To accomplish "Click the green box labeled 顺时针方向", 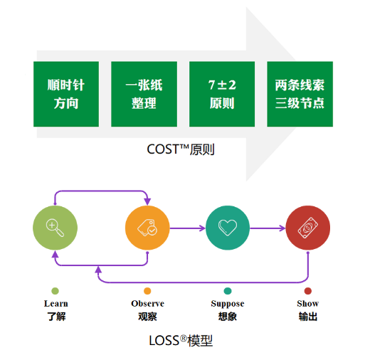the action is pos(66,94).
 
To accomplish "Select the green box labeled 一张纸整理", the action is pos(144,94).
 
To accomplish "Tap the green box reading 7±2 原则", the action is pos(222,94).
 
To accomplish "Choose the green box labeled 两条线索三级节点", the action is pos(300,94).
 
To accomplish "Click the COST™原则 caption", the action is pos(181,149).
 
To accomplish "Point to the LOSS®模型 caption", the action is pos(181,341).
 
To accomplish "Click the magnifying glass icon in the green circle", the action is pos(55,228).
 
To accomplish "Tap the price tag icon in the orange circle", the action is pos(147,228).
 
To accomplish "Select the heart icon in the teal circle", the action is pos(228,228).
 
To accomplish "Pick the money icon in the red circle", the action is pos(308,228).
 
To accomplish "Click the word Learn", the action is pos(56,304).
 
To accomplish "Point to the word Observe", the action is pos(147,304).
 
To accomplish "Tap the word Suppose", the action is pos(228,304).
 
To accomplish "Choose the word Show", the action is pos(308,304).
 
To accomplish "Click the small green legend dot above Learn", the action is pos(55,291).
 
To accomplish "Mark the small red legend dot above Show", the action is pos(308,291).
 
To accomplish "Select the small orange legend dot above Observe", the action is pos(147,291).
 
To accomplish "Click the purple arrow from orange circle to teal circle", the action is pos(188,228).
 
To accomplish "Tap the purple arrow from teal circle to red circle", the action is pos(268,228).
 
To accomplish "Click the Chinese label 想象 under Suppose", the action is pos(228,317).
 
